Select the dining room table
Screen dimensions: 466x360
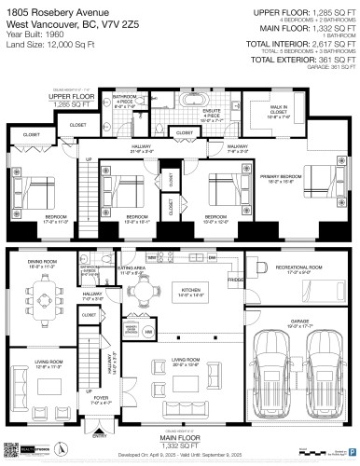tap(45, 293)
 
